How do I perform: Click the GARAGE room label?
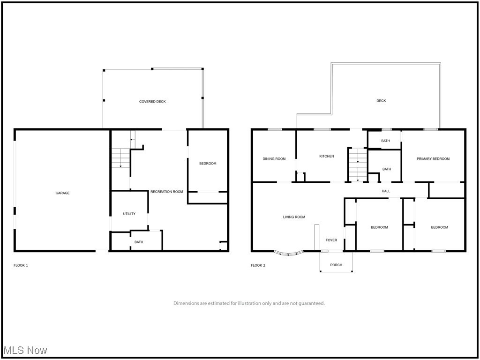click(x=62, y=193)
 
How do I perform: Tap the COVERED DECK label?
click(x=152, y=102)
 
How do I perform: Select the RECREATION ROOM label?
click(x=166, y=192)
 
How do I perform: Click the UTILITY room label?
click(x=129, y=214)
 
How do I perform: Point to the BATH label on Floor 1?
click(x=139, y=242)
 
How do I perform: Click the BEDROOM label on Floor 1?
click(x=208, y=164)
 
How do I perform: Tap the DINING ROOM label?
click(x=274, y=159)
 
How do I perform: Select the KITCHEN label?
click(x=326, y=156)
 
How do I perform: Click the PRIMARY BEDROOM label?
click(x=433, y=159)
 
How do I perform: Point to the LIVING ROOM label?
click(x=294, y=217)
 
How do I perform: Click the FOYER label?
click(x=331, y=240)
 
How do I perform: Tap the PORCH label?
click(x=336, y=265)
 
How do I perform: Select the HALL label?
click(x=386, y=191)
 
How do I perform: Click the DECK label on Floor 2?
click(x=381, y=101)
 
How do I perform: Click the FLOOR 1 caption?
click(x=21, y=265)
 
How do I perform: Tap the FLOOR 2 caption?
click(x=258, y=265)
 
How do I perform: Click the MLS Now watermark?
click(x=25, y=350)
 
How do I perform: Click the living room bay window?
click(x=289, y=254)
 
